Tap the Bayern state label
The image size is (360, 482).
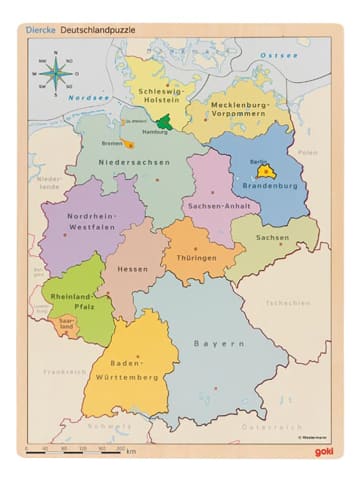click(219, 344)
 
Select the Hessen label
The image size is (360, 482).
click(132, 269)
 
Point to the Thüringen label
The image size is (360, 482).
click(196, 258)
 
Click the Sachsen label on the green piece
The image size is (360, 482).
click(272, 238)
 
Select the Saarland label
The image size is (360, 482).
click(62, 324)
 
